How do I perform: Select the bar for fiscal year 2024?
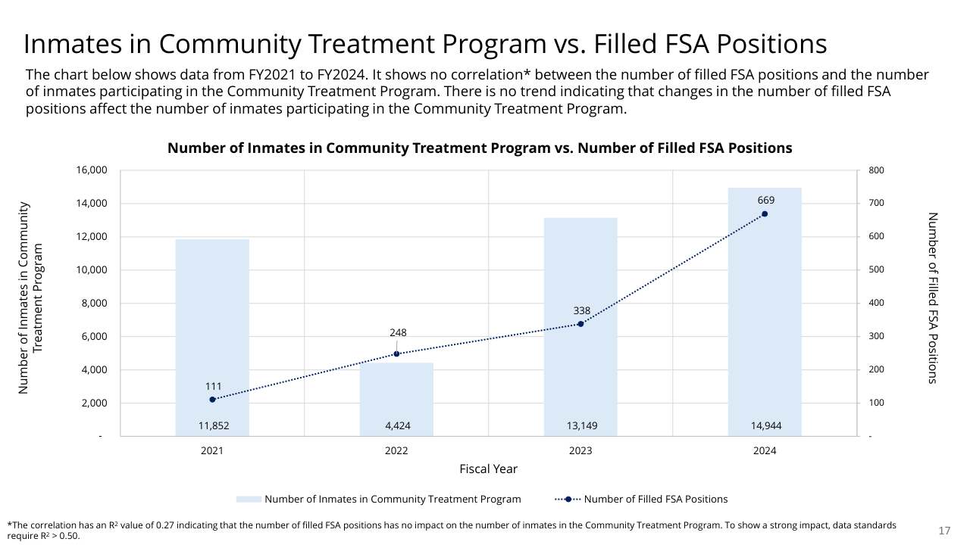(x=765, y=318)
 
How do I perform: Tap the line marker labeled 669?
(x=765, y=214)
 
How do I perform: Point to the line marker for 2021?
(x=212, y=400)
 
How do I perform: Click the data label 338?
(x=581, y=310)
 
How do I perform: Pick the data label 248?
(x=397, y=332)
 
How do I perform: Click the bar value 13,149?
(x=582, y=426)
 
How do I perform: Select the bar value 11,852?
(x=213, y=426)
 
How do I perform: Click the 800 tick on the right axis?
(x=876, y=170)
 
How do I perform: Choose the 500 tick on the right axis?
(x=876, y=270)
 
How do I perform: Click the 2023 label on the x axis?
(x=580, y=450)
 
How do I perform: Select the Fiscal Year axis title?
(x=488, y=469)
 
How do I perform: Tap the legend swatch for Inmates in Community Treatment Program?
(x=249, y=500)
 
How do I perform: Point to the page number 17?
(x=944, y=531)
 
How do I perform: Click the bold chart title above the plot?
(x=480, y=148)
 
